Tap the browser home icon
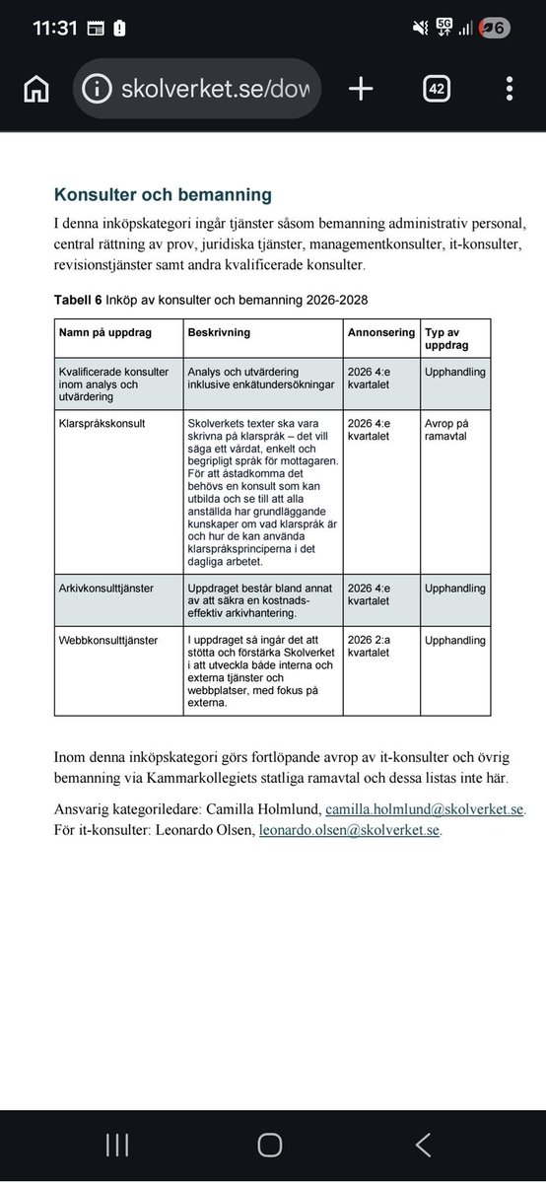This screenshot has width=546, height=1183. tap(35, 89)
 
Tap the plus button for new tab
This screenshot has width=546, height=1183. tap(361, 89)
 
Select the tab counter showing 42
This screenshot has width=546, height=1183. tap(437, 89)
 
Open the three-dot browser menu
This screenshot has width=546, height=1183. tap(509, 89)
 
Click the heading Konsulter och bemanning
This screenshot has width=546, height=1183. tap(163, 195)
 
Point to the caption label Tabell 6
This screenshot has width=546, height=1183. tap(80, 299)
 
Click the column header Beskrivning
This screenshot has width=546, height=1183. tap(219, 333)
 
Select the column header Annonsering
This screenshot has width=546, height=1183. tap(380, 333)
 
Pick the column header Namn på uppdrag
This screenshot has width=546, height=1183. tap(105, 333)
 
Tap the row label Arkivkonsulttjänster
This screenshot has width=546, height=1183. tap(105, 589)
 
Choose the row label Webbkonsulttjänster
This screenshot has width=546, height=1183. tap(108, 641)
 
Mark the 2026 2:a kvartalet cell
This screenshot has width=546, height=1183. tap(370, 647)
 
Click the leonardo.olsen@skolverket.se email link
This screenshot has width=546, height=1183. tap(350, 830)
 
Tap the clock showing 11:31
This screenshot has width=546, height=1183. tap(54, 29)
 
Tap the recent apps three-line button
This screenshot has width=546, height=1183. tap(117, 1145)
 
